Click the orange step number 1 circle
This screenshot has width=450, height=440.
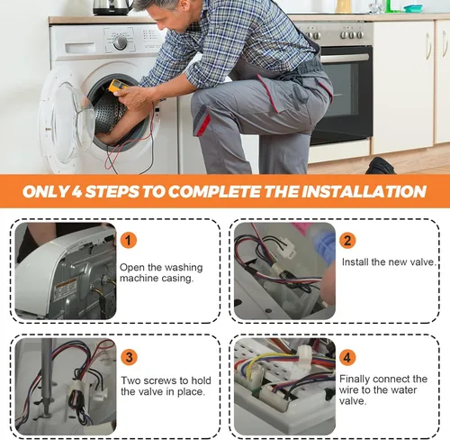pos(129,241)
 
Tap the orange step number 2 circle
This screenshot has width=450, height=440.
pos(347,241)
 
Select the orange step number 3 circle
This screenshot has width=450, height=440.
pos(129,357)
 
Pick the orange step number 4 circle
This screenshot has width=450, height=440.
pos(347,357)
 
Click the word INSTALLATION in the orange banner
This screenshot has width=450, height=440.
pos(364,191)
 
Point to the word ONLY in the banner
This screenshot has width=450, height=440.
pos(47,191)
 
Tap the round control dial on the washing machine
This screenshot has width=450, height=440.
pos(120,42)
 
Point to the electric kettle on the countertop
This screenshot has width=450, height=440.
pos(112,7)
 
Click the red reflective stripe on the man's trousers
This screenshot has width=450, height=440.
pos(202,124)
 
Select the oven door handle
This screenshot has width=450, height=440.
pos(345,58)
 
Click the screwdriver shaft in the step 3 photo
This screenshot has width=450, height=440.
pos(46,371)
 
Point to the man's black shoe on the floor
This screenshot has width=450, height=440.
pos(381,166)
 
